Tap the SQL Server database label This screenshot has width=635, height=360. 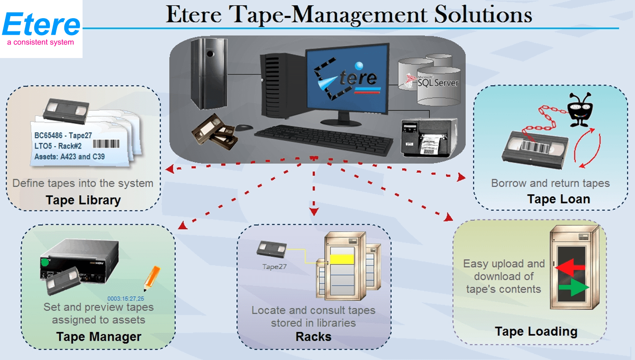click(438, 83)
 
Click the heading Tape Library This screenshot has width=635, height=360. click(83, 200)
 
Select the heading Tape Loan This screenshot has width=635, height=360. click(558, 199)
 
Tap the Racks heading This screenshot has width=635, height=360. click(313, 337)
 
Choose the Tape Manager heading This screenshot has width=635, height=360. click(99, 337)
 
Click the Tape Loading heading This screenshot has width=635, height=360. click(536, 331)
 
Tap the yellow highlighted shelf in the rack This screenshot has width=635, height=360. click(342, 259)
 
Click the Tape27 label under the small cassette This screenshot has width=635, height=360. click(274, 267)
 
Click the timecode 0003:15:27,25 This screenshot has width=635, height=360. click(126, 299)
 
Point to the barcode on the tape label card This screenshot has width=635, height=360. click(106, 144)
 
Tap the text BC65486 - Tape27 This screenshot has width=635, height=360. click(63, 136)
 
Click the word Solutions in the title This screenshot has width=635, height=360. click(483, 15)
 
